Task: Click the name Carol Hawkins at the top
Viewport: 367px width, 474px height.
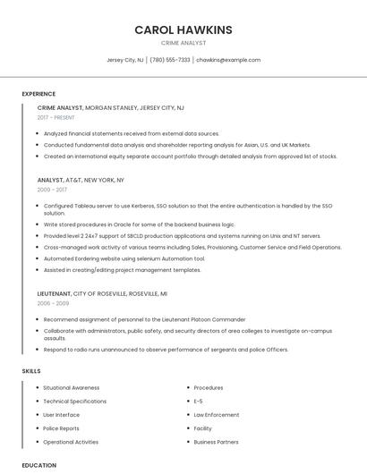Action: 183,30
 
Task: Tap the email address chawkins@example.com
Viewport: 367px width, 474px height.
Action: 228,60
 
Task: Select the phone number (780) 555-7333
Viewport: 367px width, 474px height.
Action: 170,60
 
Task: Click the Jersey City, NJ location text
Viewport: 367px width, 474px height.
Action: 125,60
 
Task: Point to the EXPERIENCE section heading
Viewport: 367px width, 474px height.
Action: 38,94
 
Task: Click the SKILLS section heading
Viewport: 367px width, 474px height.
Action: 31,370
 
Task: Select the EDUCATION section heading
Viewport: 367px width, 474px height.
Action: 38,465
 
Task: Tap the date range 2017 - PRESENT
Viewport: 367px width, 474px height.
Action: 56,117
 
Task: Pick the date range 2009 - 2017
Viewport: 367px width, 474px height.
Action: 52,190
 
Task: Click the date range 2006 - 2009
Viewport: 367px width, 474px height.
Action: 52,303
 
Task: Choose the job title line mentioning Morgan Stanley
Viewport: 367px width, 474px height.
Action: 111,107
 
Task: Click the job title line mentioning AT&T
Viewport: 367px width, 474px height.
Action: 81,180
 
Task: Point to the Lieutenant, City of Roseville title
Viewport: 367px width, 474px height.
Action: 102,293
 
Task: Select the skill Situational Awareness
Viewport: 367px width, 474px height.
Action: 72,388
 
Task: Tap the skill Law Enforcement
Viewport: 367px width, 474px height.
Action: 217,415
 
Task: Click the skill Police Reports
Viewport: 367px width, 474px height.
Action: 62,428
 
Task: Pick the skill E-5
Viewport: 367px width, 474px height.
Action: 199,402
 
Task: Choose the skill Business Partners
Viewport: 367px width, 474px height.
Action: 217,442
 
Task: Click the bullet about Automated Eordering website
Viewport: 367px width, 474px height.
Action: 124,258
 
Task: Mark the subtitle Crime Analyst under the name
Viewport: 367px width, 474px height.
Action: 183,43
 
